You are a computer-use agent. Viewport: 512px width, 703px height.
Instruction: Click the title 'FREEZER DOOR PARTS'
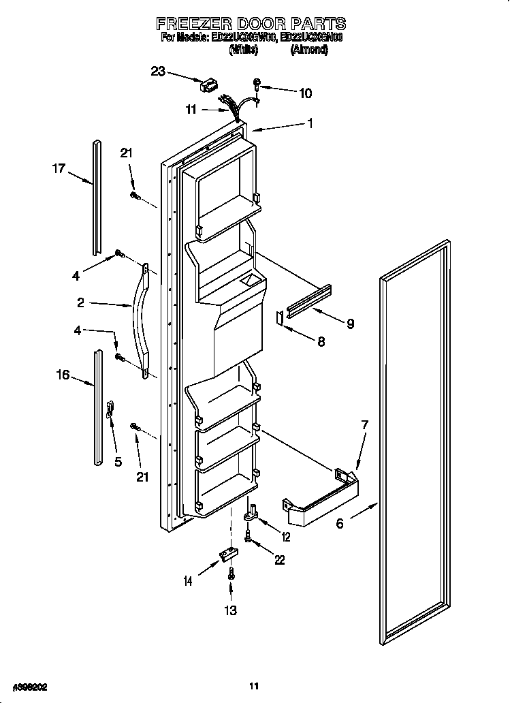point(251,24)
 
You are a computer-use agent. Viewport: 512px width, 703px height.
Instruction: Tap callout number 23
point(158,70)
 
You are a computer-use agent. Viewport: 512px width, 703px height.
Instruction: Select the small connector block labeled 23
point(208,86)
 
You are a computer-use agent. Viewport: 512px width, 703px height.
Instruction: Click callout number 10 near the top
point(305,93)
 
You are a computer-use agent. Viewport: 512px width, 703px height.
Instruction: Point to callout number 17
point(59,168)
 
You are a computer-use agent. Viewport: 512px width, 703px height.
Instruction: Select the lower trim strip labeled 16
point(99,409)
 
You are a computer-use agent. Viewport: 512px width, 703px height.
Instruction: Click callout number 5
point(118,461)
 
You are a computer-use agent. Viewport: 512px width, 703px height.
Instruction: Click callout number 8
point(320,341)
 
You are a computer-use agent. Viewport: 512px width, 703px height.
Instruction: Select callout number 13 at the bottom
point(231,610)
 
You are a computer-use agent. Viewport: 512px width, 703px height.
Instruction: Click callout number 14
point(187,580)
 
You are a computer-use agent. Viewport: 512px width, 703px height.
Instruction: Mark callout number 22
point(279,560)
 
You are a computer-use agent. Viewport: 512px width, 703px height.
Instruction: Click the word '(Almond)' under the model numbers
point(309,50)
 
